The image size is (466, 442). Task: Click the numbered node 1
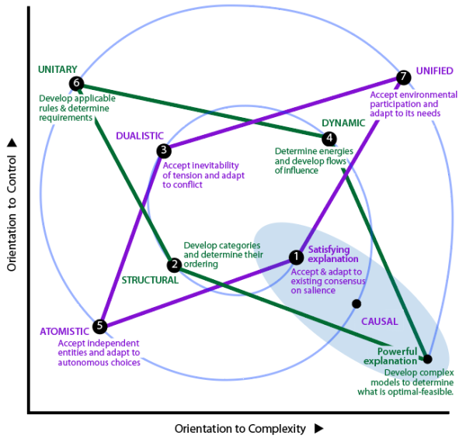[x=296, y=257]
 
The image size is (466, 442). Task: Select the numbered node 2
[x=175, y=264]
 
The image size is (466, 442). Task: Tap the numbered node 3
[x=163, y=150]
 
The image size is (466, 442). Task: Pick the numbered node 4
[x=329, y=138]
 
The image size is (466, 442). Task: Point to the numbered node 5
[x=99, y=326]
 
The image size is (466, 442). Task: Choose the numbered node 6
[x=75, y=83]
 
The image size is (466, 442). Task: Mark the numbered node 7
[x=402, y=77]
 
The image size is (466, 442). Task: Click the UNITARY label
[x=57, y=69]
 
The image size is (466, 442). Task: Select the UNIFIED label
[x=434, y=71]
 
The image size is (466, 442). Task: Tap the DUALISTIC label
[x=140, y=136]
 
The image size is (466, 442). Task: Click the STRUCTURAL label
[x=150, y=280]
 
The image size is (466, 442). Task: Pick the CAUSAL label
[x=380, y=321]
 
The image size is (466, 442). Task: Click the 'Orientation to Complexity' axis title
[x=242, y=428]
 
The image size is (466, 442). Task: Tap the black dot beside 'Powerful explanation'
[x=427, y=359]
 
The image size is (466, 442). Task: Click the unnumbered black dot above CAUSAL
[x=356, y=303]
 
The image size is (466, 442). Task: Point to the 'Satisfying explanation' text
[x=333, y=254]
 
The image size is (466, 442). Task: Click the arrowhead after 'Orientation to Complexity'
[x=318, y=428]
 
